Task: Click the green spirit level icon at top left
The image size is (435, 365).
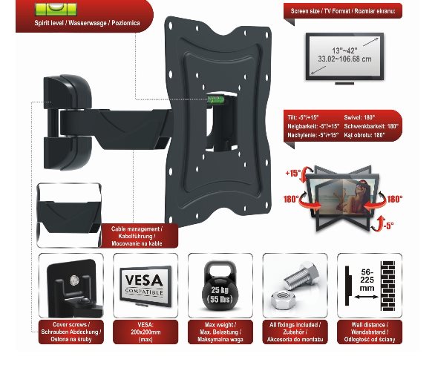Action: click(x=56, y=9)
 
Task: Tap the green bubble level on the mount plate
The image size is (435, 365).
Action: click(x=215, y=99)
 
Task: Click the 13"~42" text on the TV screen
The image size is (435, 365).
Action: click(x=344, y=50)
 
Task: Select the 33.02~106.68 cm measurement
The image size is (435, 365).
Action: click(x=344, y=59)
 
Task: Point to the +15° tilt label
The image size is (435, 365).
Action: click(x=293, y=173)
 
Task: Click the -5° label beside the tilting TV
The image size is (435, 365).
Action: click(x=389, y=226)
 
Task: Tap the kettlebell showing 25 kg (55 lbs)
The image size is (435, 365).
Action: click(x=220, y=286)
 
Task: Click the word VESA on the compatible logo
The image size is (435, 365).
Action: click(x=144, y=280)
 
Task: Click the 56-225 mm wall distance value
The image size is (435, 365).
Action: click(x=367, y=280)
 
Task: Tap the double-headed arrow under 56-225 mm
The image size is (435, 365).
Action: click(x=366, y=297)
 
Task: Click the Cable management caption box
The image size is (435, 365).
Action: click(x=137, y=236)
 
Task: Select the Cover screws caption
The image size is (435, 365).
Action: click(x=71, y=332)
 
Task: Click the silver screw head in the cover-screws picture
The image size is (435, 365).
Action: click(x=74, y=280)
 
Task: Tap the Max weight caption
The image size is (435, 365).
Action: click(x=220, y=332)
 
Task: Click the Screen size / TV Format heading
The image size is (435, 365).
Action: click(x=343, y=11)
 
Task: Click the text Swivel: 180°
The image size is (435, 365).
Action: click(x=359, y=117)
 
